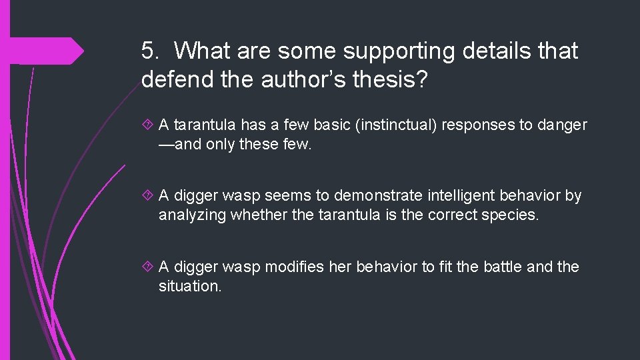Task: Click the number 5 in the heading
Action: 150,51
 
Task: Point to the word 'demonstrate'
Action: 379,195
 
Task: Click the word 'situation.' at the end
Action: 190,285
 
